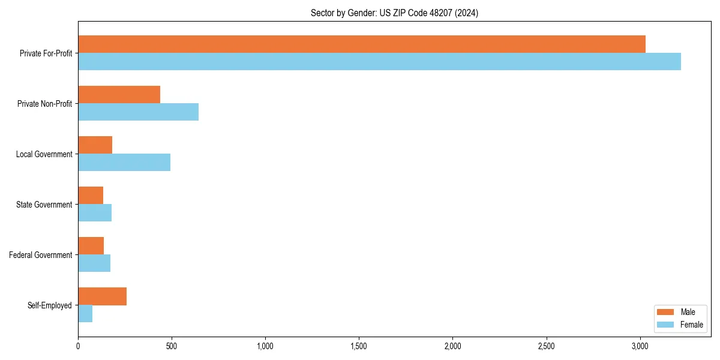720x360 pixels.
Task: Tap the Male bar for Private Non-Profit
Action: (x=119, y=95)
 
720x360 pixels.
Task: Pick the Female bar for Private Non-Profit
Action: (x=138, y=112)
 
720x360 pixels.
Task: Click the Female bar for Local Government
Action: (x=124, y=163)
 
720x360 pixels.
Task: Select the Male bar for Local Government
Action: (x=95, y=145)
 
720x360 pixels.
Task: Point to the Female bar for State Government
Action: (x=95, y=213)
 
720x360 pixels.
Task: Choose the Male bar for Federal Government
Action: (x=91, y=246)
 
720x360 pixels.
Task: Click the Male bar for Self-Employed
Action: (x=102, y=296)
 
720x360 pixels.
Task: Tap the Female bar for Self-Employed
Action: (x=85, y=314)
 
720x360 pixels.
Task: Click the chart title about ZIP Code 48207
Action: (x=394, y=13)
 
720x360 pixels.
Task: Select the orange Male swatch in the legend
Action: (x=665, y=312)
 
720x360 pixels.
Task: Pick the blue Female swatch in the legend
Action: (x=665, y=325)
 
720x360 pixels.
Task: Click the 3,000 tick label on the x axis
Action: (x=640, y=346)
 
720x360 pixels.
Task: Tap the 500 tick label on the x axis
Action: (x=172, y=346)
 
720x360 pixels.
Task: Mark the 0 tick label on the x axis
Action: (x=78, y=346)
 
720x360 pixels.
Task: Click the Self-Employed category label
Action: (x=50, y=305)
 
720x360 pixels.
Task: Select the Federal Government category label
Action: (x=41, y=255)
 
